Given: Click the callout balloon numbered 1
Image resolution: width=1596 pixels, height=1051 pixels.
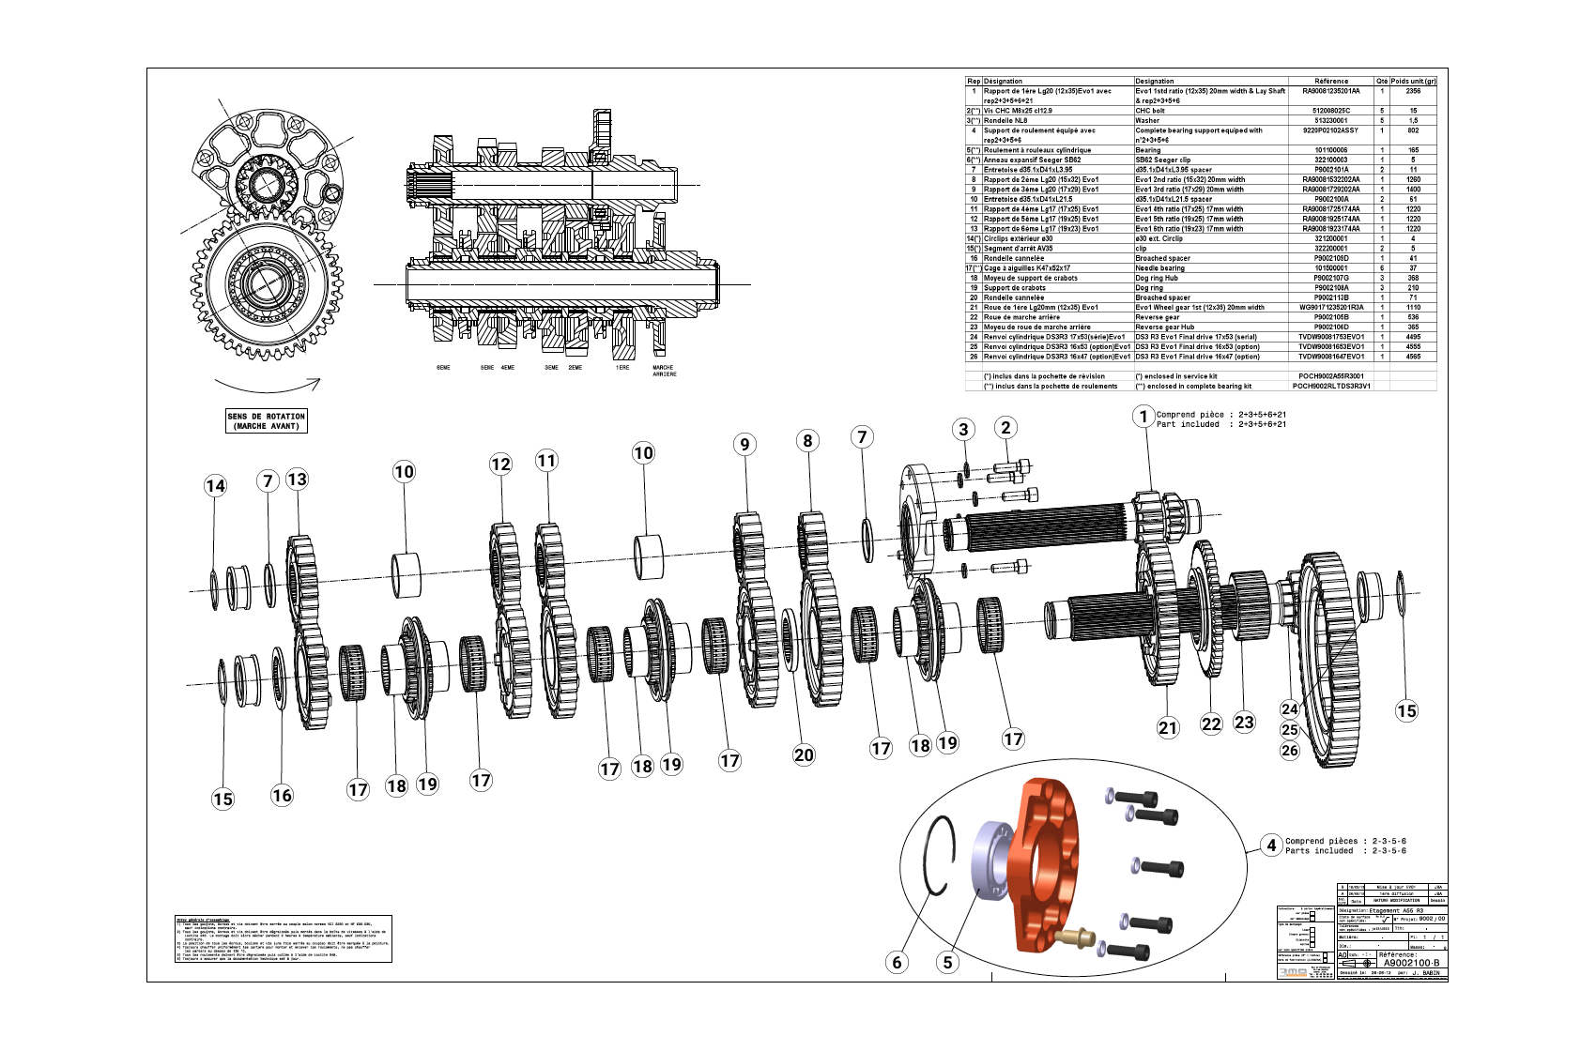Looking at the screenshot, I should coord(1143,417).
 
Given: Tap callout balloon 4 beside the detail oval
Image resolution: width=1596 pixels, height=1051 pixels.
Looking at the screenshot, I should coord(1271,845).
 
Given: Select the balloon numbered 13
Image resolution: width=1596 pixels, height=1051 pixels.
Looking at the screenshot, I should coord(297,480).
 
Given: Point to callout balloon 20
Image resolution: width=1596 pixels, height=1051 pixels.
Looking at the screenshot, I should coord(804,754).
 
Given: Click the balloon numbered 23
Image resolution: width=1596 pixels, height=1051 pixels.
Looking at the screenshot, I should coord(1244,722).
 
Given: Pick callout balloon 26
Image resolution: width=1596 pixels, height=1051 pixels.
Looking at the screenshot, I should coord(1290,750).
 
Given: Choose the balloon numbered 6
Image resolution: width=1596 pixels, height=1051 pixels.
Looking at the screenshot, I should coord(898,962).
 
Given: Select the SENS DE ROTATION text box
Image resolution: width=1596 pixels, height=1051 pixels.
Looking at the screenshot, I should coord(267,420).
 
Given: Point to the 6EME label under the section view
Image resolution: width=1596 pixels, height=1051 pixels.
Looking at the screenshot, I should coord(443,368).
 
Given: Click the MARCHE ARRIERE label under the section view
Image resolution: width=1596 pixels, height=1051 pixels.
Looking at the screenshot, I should coord(664,371).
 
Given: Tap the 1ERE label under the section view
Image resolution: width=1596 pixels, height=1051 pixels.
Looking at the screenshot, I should coord(622,368).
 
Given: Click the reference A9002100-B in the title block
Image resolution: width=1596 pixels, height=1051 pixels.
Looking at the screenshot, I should coord(1410,963).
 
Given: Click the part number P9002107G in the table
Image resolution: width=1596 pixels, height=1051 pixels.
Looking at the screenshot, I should coord(1330,278).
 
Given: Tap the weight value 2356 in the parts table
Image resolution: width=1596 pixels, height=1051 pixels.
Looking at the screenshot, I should coord(1413,92).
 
